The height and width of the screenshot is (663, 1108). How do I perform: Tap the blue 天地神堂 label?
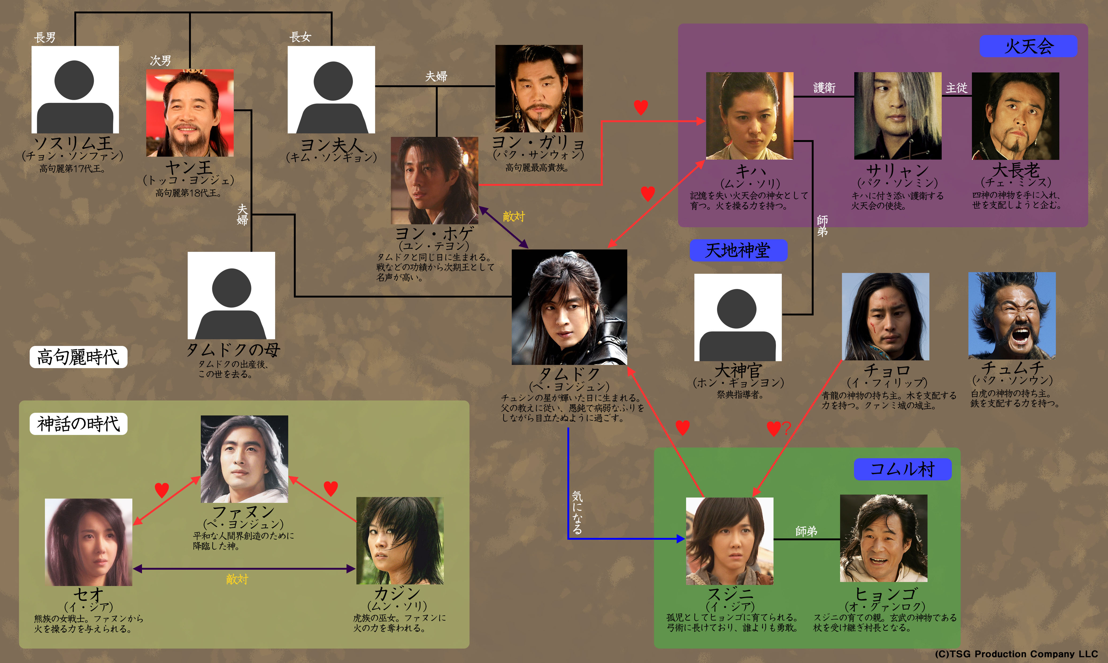pos(738,251)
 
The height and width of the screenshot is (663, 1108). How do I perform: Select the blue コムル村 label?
pos(902,469)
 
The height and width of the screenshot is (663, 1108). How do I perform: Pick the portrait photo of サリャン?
pos(898,116)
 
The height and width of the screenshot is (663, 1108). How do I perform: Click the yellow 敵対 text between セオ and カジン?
pos(237,579)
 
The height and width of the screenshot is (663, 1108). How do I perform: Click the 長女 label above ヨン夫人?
pos(300,37)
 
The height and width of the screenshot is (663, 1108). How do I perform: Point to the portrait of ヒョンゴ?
pos(883,538)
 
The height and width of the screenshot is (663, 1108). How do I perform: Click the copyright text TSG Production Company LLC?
pos(1016,654)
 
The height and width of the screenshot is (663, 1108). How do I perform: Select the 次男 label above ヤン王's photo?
pos(160,60)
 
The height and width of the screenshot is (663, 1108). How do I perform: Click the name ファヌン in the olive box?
pos(244,511)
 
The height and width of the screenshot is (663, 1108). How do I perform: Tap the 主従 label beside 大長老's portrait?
pos(956,88)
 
